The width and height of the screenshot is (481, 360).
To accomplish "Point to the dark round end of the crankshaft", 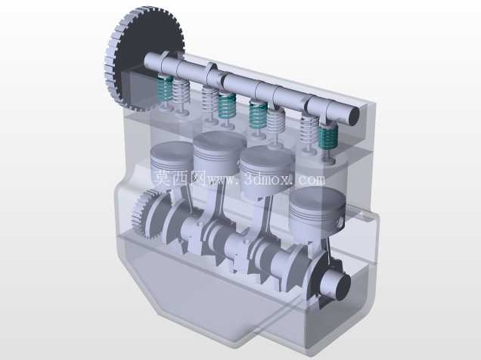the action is [x=343, y=286].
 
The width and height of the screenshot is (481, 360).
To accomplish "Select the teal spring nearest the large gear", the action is [x=165, y=89].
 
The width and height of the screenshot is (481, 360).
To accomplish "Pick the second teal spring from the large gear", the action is [x=227, y=105].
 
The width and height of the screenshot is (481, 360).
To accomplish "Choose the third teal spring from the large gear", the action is [x=258, y=116].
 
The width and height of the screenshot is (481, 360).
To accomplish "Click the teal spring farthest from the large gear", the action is [x=328, y=136].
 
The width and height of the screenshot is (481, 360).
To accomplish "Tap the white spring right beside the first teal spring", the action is [x=182, y=92].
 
